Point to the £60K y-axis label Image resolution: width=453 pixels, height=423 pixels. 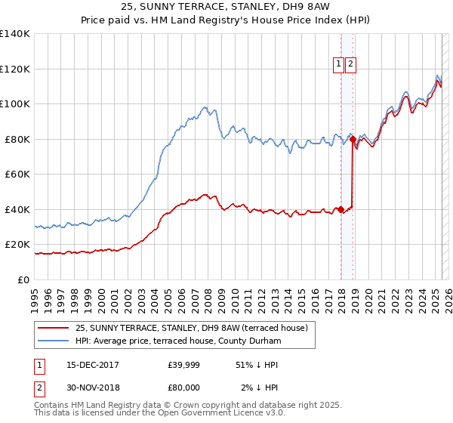coord(17,174)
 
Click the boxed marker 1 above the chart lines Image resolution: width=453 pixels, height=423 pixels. coord(339,65)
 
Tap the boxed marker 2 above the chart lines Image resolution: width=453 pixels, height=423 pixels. coord(351,65)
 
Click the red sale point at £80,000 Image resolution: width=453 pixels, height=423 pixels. coord(353,140)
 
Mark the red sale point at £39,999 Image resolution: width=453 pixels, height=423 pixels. coord(341,209)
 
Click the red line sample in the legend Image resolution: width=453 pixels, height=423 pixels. coord(54,329)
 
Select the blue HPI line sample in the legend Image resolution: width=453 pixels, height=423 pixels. coord(54,341)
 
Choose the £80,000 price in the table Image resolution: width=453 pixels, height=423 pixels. coord(184,387)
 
